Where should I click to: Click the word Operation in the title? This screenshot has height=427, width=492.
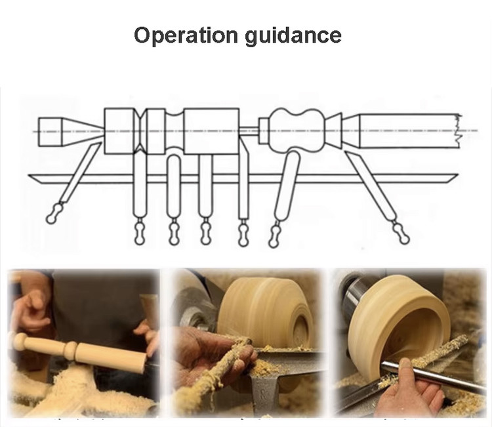click(186, 35)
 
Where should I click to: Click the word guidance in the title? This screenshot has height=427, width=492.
click(293, 35)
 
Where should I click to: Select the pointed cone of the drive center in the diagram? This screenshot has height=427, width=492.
click(83, 132)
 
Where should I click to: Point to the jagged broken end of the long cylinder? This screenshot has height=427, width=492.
click(459, 131)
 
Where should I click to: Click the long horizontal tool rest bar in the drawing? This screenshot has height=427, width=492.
click(243, 178)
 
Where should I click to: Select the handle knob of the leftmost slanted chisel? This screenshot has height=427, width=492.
click(54, 213)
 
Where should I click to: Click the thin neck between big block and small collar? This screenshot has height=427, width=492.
click(249, 131)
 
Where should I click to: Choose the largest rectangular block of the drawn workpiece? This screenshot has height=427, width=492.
click(211, 131)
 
